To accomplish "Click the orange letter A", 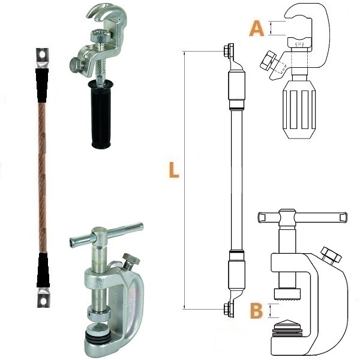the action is coord(256,28).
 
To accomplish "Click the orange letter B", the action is coord(256,311).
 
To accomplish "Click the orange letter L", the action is coord(174,170).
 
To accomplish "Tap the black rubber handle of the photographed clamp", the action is coord(101,114).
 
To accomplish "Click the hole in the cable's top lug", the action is coord(42,55).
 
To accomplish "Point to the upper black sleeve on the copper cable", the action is coord(42,85).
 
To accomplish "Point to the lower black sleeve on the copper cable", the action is coord(43,271).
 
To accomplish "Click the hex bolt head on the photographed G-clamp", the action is coord(131,259).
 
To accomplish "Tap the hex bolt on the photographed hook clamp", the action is coord(76,65).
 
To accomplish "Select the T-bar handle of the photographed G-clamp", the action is coord(107,235).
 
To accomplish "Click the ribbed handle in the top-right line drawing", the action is coord(298,110).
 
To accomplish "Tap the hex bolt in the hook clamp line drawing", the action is coord(269,61).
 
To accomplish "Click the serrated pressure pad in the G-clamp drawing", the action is coord(287,295).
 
